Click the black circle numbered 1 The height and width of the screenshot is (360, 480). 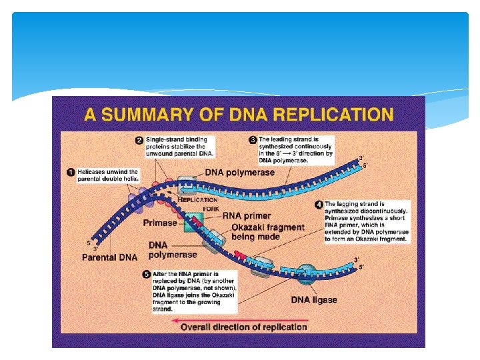[x=71, y=172]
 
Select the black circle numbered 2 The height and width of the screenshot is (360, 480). [x=139, y=141]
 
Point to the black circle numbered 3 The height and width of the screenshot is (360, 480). [x=252, y=141]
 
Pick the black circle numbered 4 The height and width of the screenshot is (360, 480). [x=319, y=205]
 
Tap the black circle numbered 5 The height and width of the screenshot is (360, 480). [x=146, y=274]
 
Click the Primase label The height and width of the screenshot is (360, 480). [x=160, y=223]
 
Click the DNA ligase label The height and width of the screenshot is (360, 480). [x=314, y=299]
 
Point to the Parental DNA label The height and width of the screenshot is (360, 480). [x=109, y=257]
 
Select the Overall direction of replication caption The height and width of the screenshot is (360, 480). [x=243, y=327]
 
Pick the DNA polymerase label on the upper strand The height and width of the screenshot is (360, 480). [x=239, y=173]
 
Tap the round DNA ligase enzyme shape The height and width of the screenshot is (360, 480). [x=307, y=273]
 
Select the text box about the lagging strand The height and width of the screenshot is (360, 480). [x=366, y=221]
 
